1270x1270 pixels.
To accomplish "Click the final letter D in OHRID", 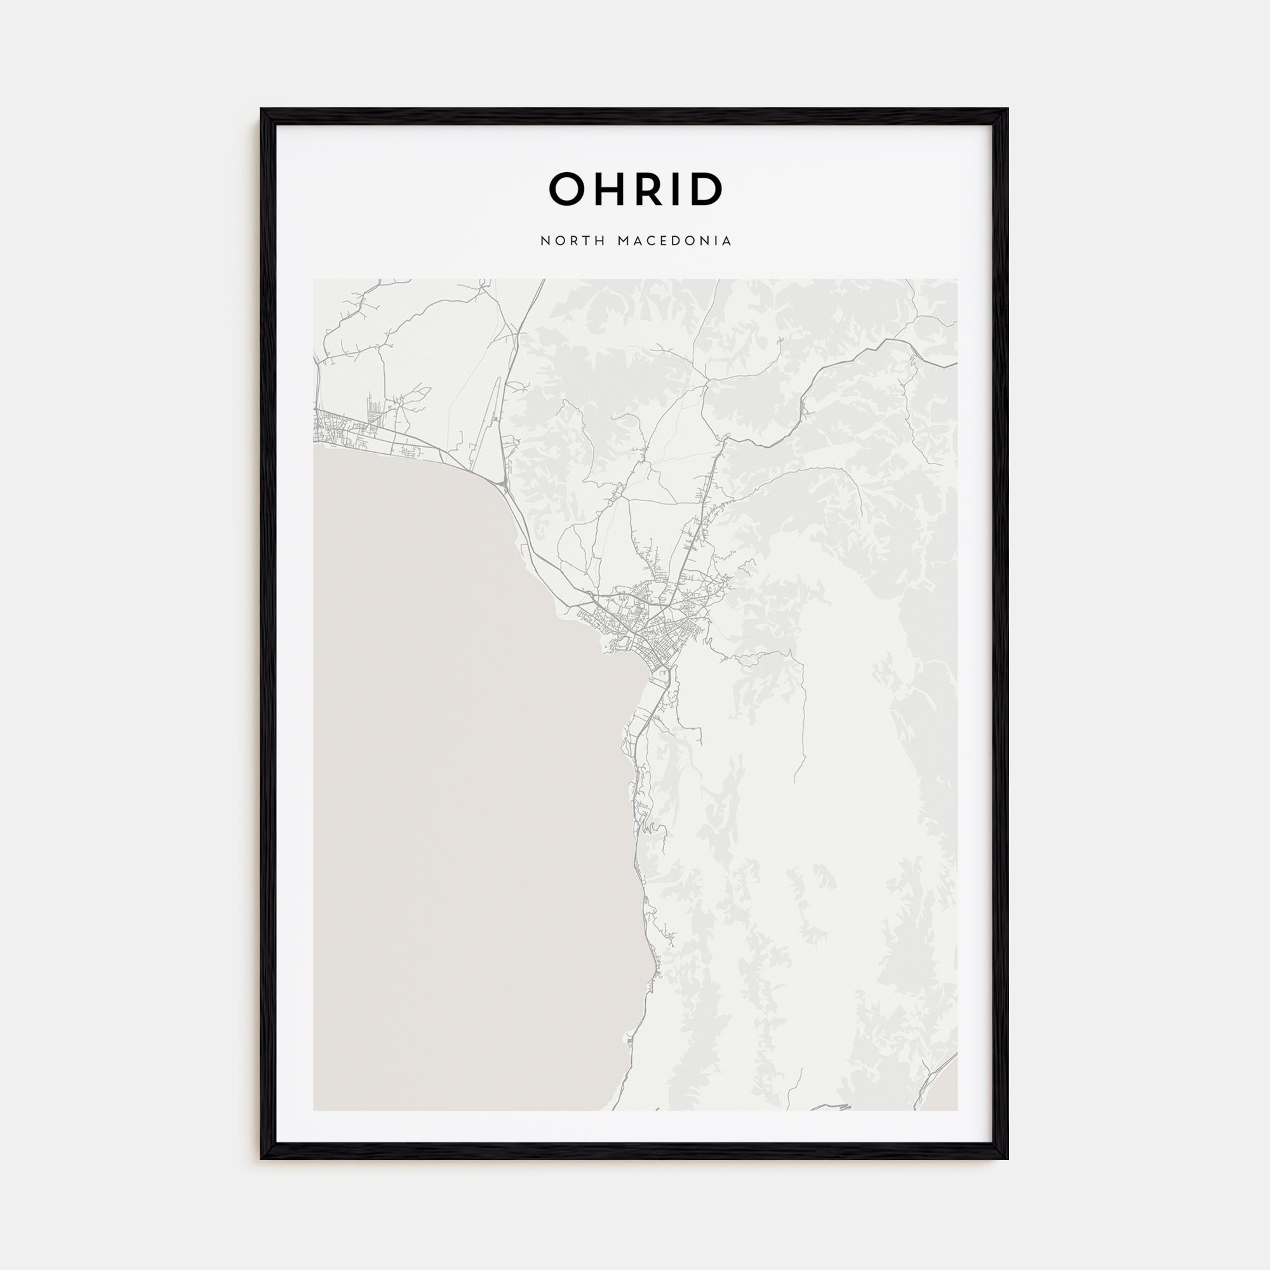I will [x=706, y=189].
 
